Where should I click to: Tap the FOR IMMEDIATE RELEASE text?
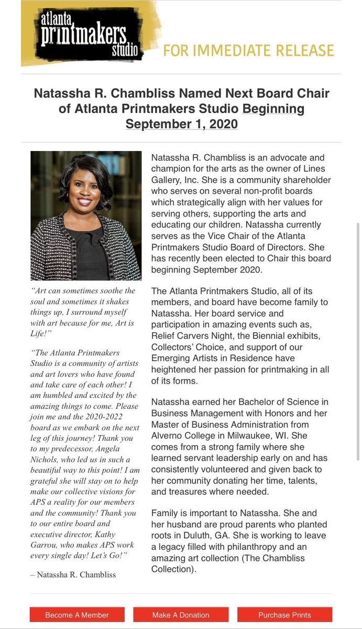pos(248,50)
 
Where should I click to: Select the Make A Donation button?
pos(181,615)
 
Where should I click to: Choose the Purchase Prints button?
pos(284,615)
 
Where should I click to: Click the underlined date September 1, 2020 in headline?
pos(181,124)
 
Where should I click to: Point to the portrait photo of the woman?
pos(86,215)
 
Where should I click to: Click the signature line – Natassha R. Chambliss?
pos(73,574)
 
